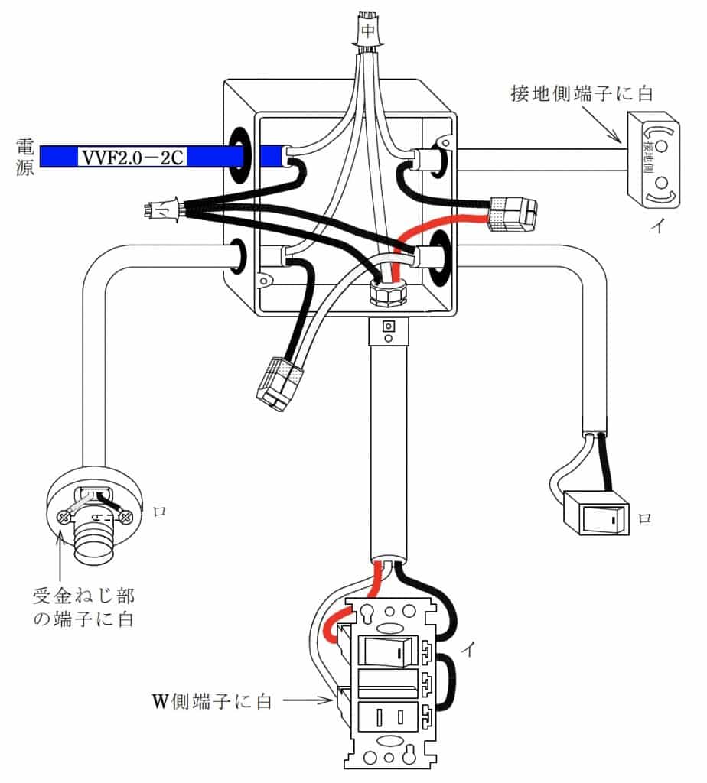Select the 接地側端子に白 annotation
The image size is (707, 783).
pyautogui.click(x=581, y=95)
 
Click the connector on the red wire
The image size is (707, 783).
pyautogui.click(x=513, y=214)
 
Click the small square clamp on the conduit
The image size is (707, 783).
pyautogui.click(x=388, y=330)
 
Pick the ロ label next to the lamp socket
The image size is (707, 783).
pyautogui.click(x=160, y=512)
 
